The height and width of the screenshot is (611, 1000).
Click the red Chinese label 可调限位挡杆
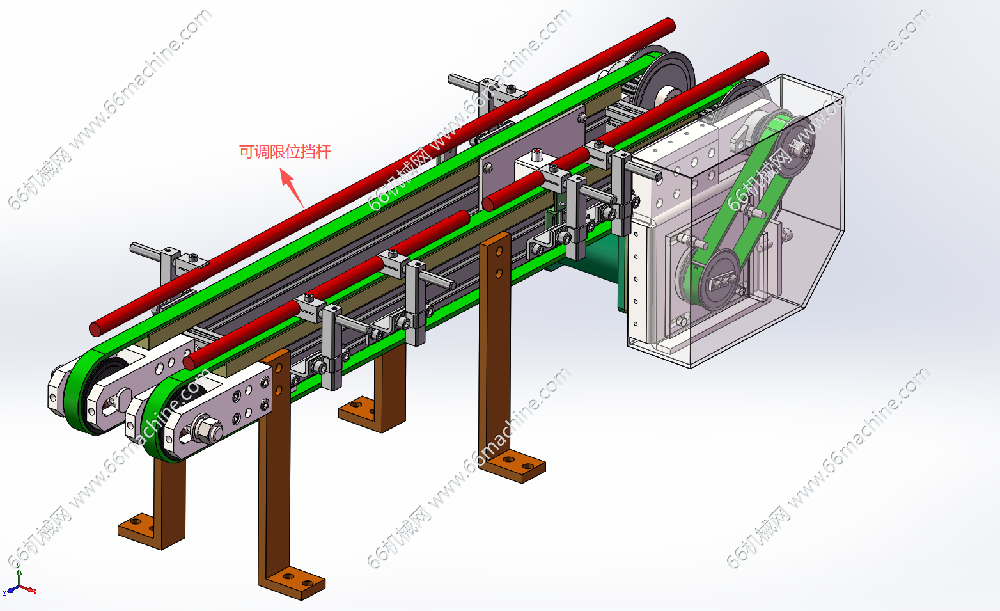(285, 152)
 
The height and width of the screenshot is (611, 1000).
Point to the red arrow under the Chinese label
(292, 187)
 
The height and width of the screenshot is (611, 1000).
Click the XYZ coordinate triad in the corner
(19, 581)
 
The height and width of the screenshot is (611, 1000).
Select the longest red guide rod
(382, 177)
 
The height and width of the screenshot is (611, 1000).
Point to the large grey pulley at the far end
(665, 81)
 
